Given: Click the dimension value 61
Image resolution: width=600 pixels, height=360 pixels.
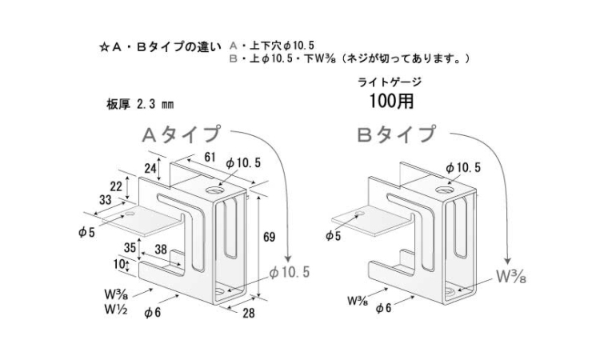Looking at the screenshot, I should click(x=210, y=157).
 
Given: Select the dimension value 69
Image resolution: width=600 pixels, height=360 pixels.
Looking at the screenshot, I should click(x=270, y=238).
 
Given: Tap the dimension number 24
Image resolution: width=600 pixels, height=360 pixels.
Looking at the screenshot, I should click(x=150, y=168).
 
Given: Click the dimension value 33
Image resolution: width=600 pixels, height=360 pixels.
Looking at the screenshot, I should click(x=106, y=200).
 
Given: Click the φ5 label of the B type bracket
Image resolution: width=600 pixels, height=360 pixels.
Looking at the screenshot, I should click(x=334, y=236).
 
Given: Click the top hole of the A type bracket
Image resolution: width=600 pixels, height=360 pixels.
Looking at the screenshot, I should click(x=216, y=191).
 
